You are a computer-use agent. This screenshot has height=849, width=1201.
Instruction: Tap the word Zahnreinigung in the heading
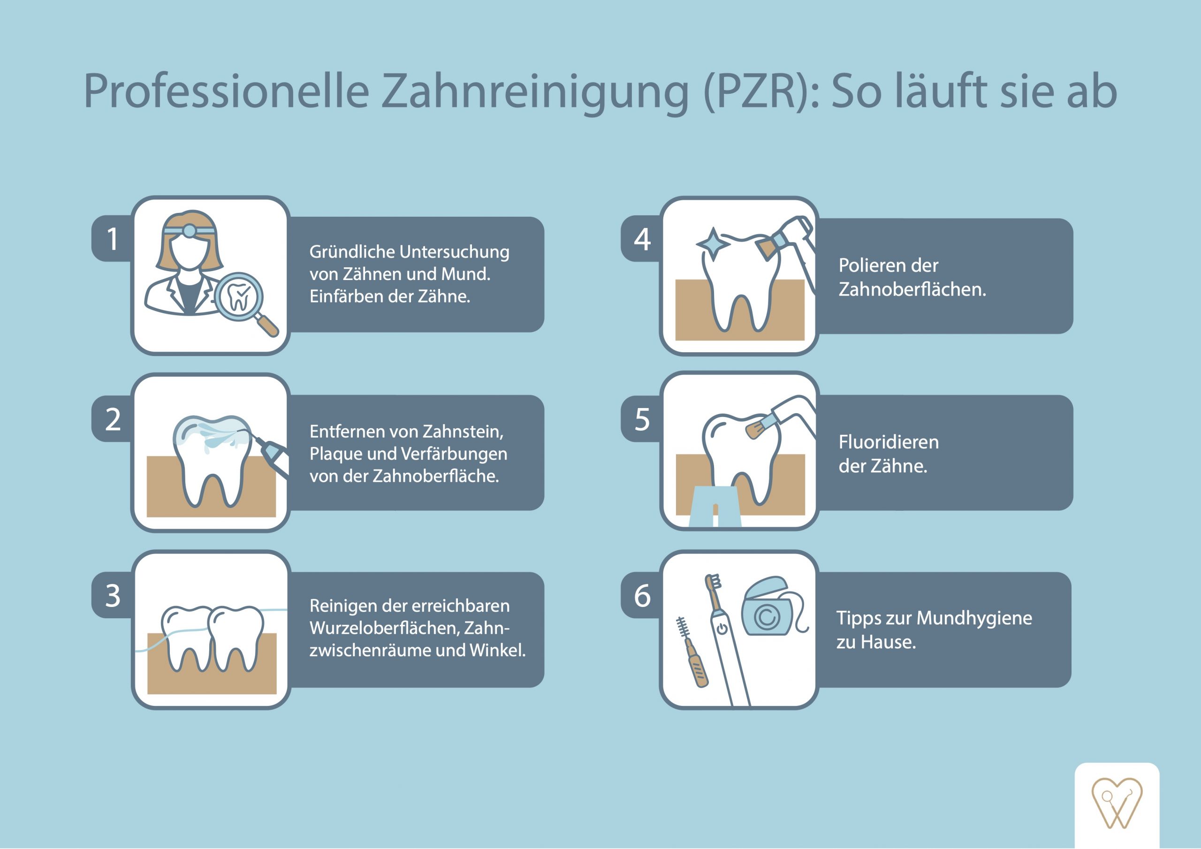533,91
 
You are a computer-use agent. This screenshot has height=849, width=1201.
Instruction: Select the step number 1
113,239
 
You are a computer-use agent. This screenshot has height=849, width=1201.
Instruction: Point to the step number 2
113,419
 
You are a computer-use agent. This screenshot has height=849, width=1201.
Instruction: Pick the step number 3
113,595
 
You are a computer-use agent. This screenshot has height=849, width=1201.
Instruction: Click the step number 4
642,239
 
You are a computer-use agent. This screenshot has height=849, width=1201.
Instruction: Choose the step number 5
642,419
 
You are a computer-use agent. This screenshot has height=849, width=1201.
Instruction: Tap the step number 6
642,595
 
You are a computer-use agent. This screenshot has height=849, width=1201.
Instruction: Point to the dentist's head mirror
190,231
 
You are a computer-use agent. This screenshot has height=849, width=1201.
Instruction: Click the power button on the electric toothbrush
722,628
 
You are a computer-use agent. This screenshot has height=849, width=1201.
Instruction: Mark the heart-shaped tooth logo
1117,804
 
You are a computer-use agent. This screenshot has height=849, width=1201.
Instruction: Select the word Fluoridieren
888,442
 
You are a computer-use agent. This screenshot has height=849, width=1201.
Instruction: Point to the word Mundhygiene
974,618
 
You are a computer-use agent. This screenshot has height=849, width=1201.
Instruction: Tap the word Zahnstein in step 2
463,432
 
